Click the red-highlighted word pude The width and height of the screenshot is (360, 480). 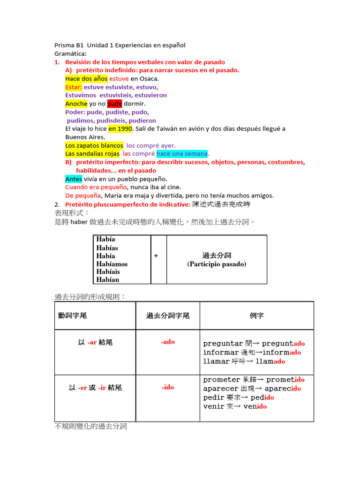click(x=114, y=104)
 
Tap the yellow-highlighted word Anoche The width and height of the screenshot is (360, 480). click(x=76, y=104)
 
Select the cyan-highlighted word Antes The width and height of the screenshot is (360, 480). click(x=74, y=179)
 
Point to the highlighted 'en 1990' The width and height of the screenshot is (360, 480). click(x=120, y=128)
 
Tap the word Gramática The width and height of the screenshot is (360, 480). click(x=70, y=53)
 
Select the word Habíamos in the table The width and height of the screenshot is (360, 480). click(x=112, y=264)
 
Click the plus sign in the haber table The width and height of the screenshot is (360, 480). click(x=156, y=255)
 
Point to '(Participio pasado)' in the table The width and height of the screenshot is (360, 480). click(x=217, y=264)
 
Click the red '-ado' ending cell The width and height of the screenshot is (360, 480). click(x=167, y=342)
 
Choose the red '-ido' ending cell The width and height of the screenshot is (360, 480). click(x=167, y=387)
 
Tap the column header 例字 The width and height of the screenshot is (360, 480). click(x=257, y=316)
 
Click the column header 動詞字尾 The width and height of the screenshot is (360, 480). click(x=72, y=316)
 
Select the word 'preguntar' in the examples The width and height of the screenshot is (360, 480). click(x=223, y=344)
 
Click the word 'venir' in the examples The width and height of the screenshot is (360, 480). click(x=214, y=406)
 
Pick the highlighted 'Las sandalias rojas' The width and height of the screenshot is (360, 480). click(x=92, y=154)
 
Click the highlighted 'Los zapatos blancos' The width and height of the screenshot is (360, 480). click(x=94, y=145)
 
